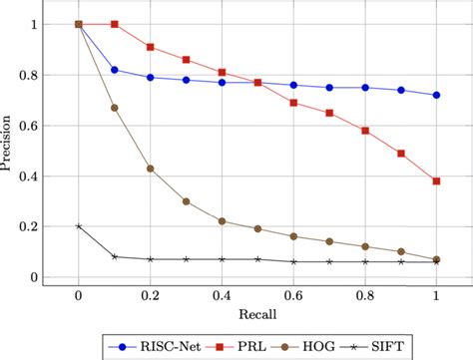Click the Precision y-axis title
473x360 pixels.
[x=9, y=151]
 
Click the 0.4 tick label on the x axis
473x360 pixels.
[x=222, y=296]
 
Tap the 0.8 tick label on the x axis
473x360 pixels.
[x=365, y=296]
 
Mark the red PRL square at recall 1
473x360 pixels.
[x=437, y=180]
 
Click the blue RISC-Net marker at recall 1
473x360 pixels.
[x=437, y=95]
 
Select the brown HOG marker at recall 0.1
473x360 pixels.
[x=115, y=108]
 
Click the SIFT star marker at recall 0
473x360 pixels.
[x=79, y=226]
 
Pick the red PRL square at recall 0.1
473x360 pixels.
[x=115, y=24]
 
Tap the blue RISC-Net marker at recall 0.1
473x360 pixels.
[x=115, y=70]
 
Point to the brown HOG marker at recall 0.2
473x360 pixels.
[x=151, y=169]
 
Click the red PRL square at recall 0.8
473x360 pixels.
[x=365, y=131]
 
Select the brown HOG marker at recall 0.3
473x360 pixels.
[x=187, y=201]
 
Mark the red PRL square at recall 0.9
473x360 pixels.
[x=401, y=154]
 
